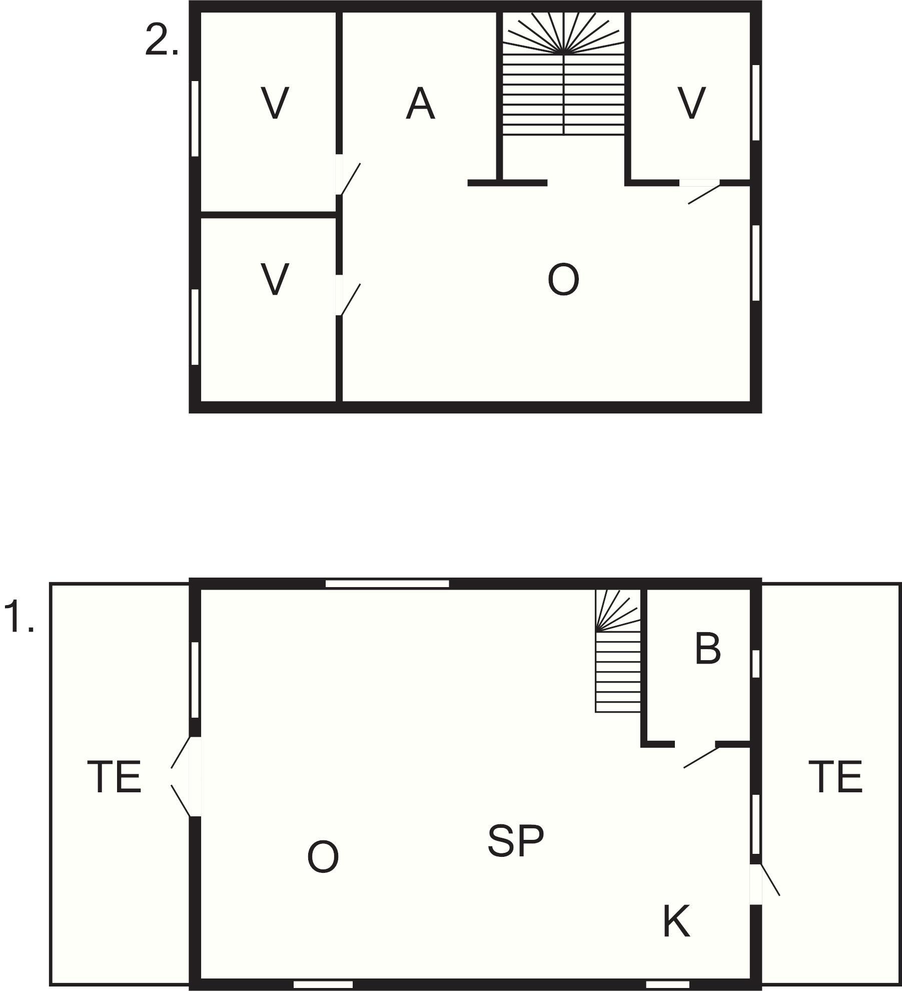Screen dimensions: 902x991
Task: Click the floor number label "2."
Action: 162,40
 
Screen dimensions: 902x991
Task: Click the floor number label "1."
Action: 19,618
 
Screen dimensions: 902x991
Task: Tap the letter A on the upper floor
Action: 420,104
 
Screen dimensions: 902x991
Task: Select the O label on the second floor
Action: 563,280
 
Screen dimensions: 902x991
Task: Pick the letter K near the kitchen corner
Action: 676,921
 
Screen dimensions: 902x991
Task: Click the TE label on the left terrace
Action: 114,777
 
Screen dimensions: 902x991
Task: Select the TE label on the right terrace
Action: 835,777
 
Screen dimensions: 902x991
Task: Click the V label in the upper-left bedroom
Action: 275,103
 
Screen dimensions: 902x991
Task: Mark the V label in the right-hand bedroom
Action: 691,103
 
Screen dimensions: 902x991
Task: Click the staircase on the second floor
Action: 564,73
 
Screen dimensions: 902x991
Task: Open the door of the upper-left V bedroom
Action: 348,175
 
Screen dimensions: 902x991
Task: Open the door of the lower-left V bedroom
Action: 348,295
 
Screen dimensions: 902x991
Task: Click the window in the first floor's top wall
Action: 387,584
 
